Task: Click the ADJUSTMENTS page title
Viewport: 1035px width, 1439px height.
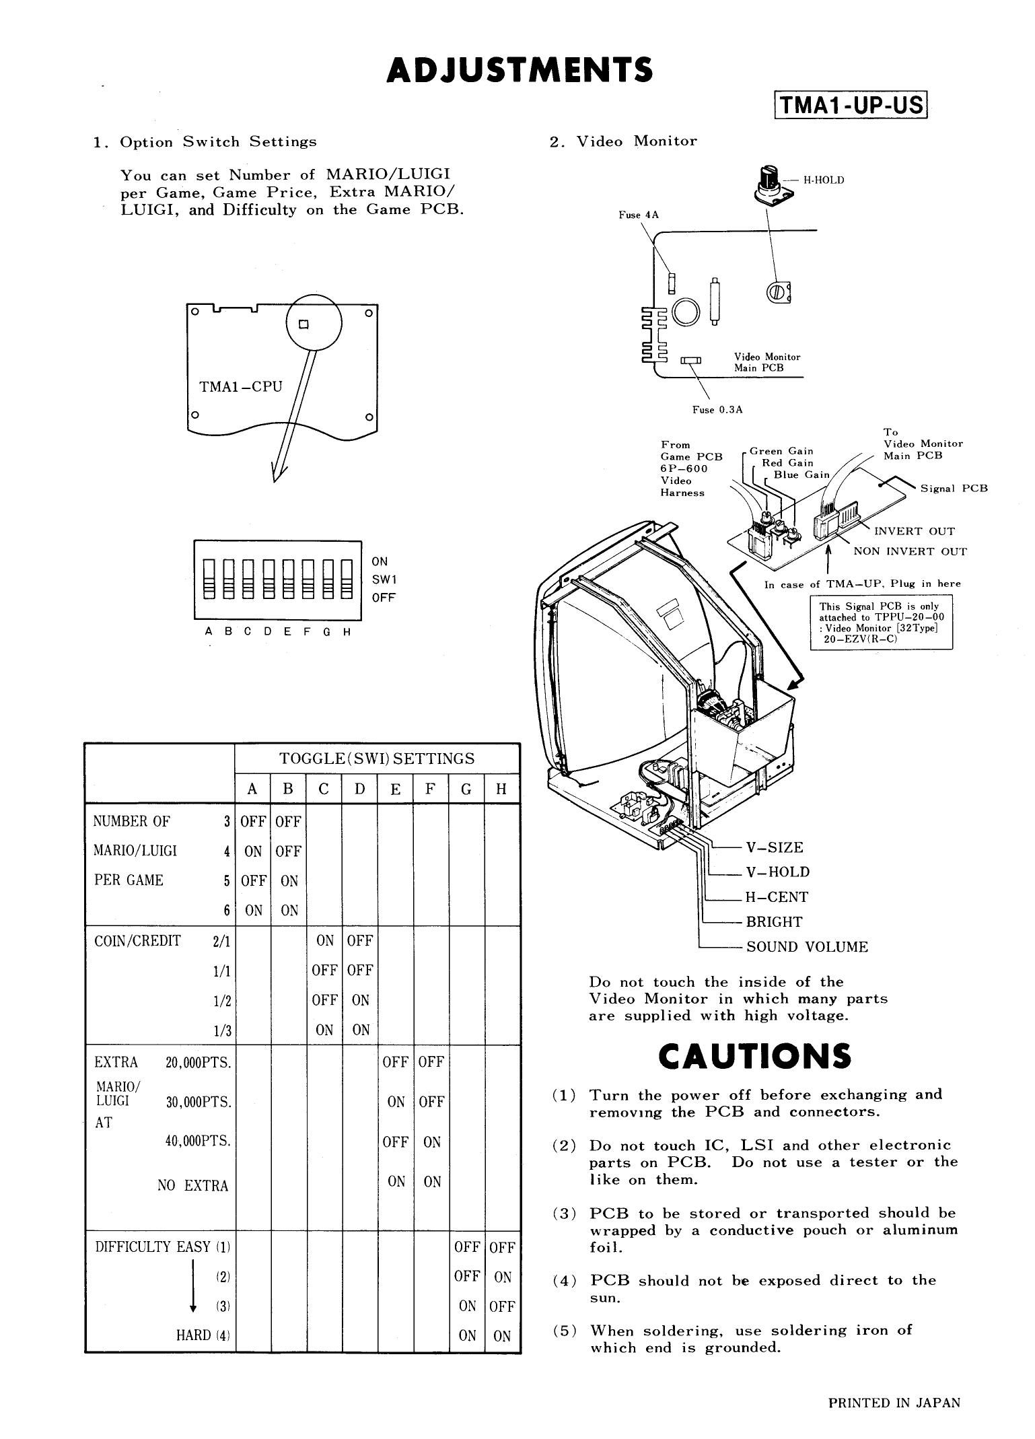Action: pos(520,70)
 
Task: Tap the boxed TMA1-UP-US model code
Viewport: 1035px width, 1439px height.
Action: pos(851,106)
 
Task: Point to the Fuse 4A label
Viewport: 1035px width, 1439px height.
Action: pos(639,215)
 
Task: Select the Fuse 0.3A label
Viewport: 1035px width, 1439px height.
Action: pos(717,410)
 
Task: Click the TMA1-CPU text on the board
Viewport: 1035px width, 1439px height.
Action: pos(241,387)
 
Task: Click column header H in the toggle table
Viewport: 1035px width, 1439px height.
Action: pos(501,789)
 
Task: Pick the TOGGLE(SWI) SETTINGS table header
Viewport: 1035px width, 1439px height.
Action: pos(377,759)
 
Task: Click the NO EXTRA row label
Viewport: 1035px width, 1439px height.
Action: pos(193,1186)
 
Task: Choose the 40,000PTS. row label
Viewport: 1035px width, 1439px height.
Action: pos(198,1141)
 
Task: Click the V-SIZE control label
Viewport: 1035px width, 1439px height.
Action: pos(774,847)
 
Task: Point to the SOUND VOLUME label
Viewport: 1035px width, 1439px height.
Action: pos(807,947)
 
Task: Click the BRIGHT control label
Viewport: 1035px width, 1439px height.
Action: pos(773,922)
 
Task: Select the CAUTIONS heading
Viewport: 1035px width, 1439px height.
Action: pos(754,1056)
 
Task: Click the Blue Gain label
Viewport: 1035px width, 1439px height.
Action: pos(801,475)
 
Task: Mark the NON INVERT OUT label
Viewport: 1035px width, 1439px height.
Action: pos(910,552)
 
